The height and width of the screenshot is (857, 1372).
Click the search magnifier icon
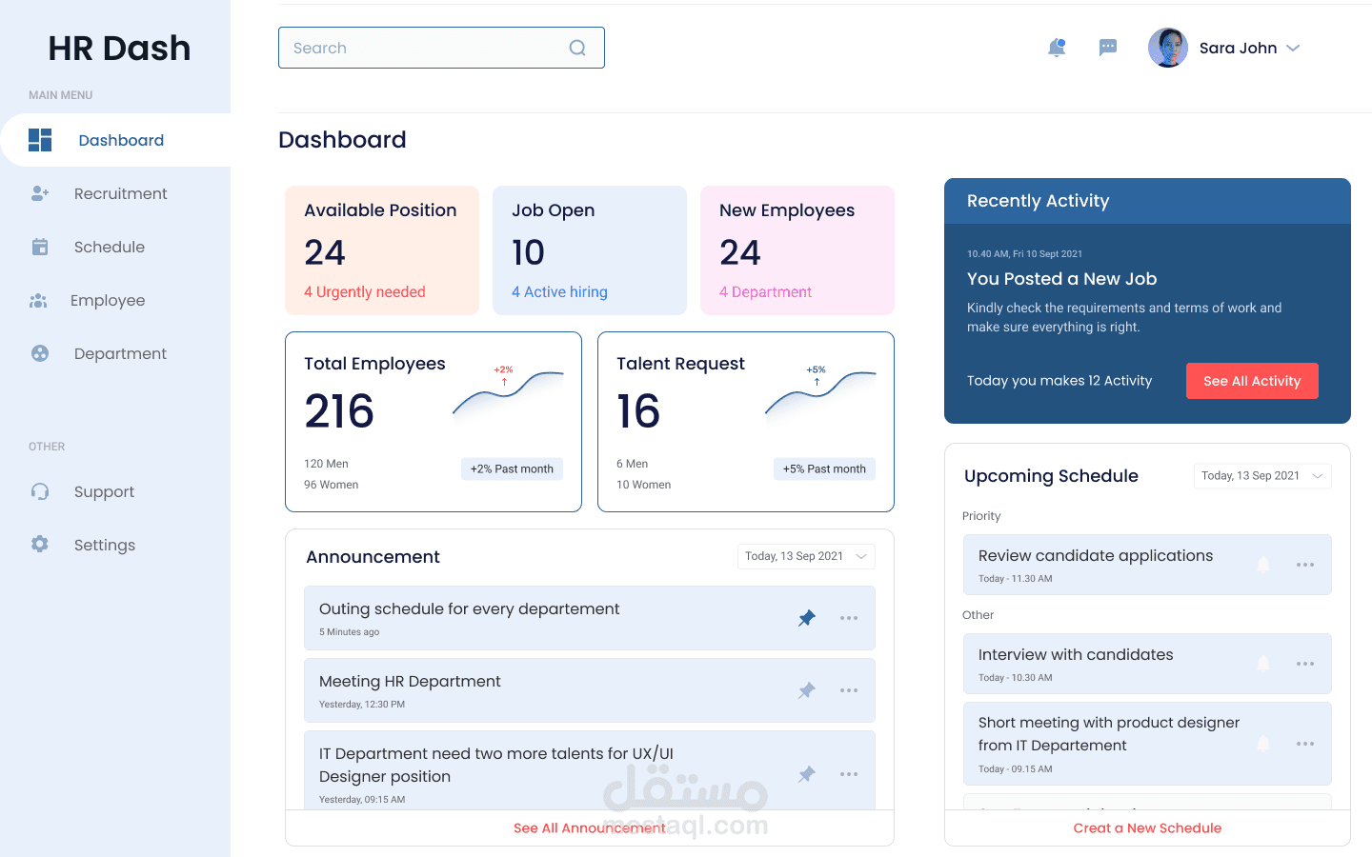coord(577,48)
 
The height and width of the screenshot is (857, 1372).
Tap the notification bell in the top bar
coord(1056,48)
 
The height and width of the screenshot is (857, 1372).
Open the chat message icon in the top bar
coord(1107,48)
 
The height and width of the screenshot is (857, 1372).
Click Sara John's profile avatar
coord(1167,48)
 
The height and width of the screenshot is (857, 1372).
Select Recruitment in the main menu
coord(120,193)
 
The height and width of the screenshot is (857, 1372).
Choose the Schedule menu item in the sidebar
coord(109,247)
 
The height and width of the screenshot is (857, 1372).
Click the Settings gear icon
coord(40,544)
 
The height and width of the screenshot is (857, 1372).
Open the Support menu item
coord(104,491)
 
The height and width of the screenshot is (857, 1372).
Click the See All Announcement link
coord(590,827)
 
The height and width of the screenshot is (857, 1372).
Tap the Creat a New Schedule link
coord(1147,827)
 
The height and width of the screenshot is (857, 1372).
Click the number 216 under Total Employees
coord(339,411)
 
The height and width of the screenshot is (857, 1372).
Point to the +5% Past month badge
coord(824,468)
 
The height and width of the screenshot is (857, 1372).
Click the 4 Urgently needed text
coord(365,291)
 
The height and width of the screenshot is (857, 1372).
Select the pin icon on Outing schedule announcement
coord(807,618)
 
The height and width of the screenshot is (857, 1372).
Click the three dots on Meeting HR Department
coord(849,690)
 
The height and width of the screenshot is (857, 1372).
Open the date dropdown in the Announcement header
coord(806,556)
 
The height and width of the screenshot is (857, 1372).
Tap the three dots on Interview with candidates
coord(1305,664)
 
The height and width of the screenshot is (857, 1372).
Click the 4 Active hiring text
coord(559,291)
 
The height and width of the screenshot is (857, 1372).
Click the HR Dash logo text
coord(119,48)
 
